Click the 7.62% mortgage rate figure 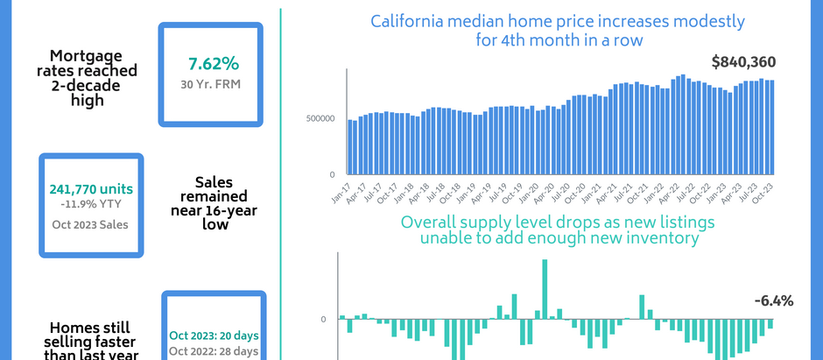213,64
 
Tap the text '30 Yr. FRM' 213,85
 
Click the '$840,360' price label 742,62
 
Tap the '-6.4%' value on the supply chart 773,301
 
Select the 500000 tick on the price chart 320,118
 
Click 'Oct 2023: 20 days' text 213,335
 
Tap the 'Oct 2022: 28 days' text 213,351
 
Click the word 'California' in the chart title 408,21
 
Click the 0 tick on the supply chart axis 323,320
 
